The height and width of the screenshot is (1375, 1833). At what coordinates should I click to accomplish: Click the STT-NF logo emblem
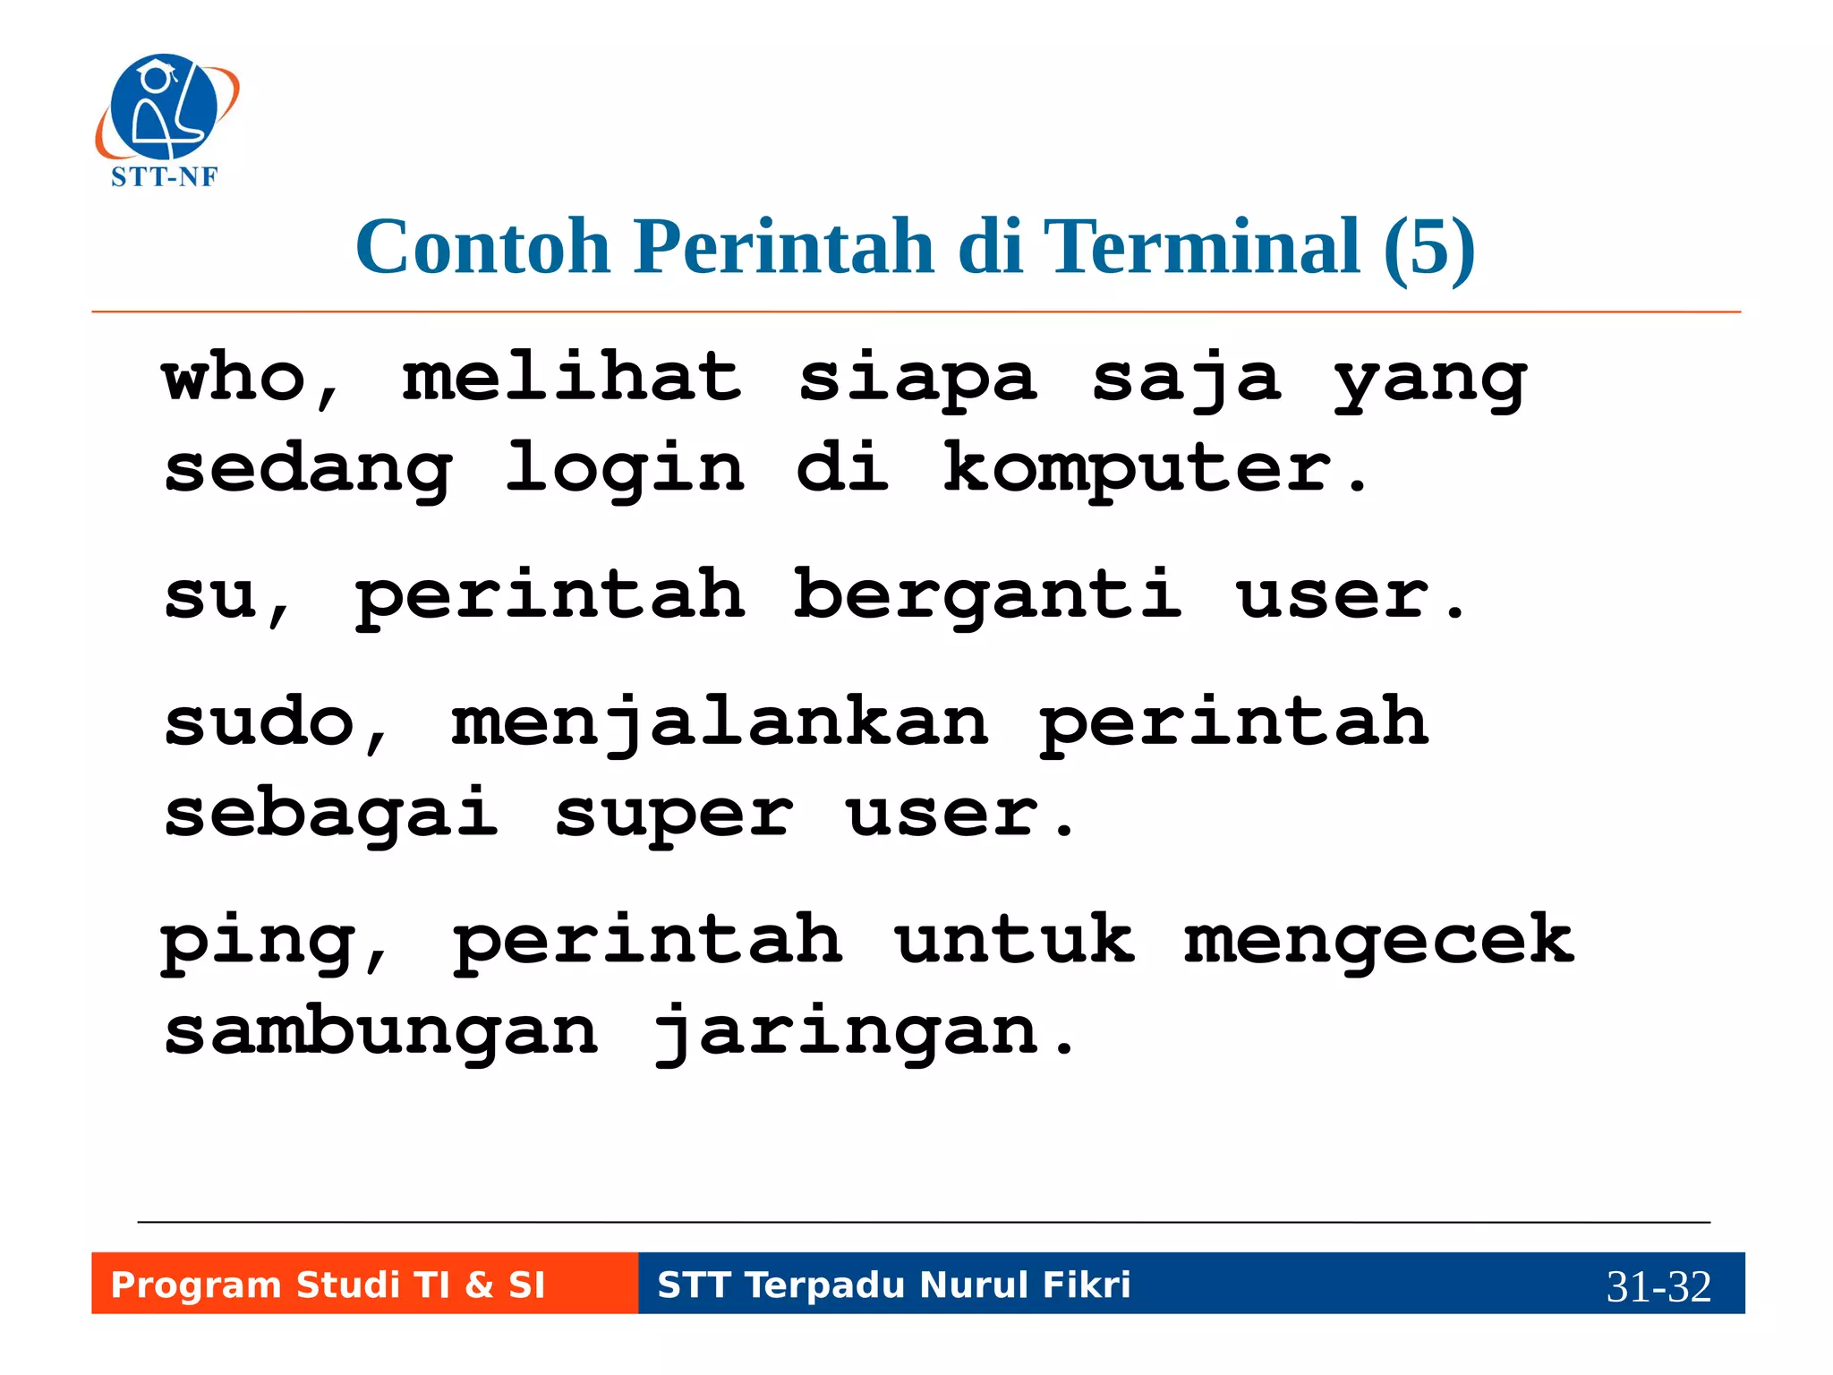(166, 107)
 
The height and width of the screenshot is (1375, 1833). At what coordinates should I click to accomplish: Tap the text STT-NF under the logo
(164, 177)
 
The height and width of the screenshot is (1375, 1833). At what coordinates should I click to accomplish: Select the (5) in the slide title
(1428, 246)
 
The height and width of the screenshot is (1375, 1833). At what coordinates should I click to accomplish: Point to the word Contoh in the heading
(482, 246)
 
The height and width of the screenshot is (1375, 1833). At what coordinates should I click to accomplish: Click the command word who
(234, 378)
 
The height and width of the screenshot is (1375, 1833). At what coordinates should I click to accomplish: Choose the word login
(625, 470)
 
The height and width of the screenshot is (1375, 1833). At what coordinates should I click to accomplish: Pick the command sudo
(260, 722)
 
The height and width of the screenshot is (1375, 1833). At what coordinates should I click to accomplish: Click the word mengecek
(1378, 940)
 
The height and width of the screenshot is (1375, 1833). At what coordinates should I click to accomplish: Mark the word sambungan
(381, 1032)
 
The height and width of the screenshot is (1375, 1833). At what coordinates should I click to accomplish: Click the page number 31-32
(1658, 1287)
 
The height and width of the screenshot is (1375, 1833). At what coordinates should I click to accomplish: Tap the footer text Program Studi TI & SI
(328, 1285)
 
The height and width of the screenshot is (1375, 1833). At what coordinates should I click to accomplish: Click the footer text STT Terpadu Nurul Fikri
(894, 1285)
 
